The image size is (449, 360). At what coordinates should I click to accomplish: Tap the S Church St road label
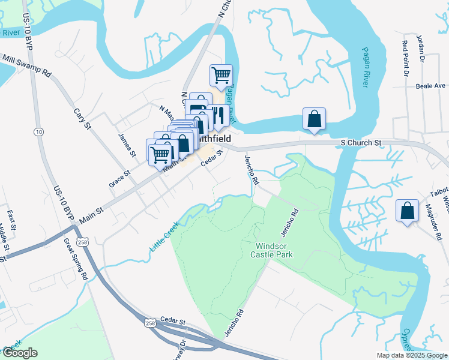click(x=361, y=143)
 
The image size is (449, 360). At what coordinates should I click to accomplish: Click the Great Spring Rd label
click(x=76, y=260)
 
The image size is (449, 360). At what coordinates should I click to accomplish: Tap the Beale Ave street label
click(x=430, y=86)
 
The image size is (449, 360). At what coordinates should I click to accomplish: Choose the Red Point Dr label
click(x=406, y=59)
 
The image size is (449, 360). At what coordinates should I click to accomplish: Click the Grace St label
click(x=119, y=178)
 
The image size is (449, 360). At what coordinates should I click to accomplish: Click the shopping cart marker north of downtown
click(x=221, y=76)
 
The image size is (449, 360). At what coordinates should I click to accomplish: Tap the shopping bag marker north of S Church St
click(x=314, y=119)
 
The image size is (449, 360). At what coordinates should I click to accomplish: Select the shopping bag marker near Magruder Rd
click(x=408, y=211)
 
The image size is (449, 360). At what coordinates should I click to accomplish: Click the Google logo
click(x=19, y=353)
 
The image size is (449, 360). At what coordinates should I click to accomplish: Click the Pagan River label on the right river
click(x=366, y=67)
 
